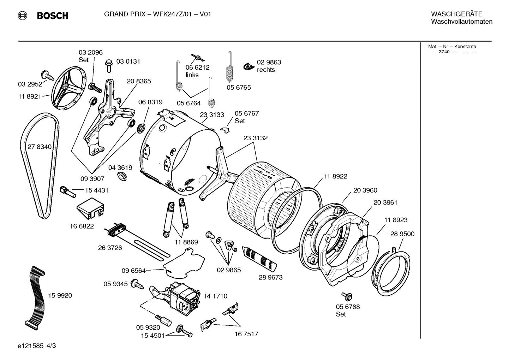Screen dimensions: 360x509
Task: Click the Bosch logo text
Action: pos(52,16)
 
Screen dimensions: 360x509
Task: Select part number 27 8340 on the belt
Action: pos(39,147)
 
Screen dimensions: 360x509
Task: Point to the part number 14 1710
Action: pos(215,296)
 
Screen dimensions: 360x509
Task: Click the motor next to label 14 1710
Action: pos(184,297)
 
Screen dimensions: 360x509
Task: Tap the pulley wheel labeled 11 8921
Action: pos(70,88)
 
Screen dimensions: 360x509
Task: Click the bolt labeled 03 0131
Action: pos(108,65)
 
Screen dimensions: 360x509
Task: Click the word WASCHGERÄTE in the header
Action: pos(456,14)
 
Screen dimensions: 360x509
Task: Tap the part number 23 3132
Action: pos(255,138)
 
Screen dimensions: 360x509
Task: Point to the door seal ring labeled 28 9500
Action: pos(391,270)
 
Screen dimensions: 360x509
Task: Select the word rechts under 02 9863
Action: pos(266,70)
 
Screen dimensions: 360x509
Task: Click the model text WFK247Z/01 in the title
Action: pos(174,14)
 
